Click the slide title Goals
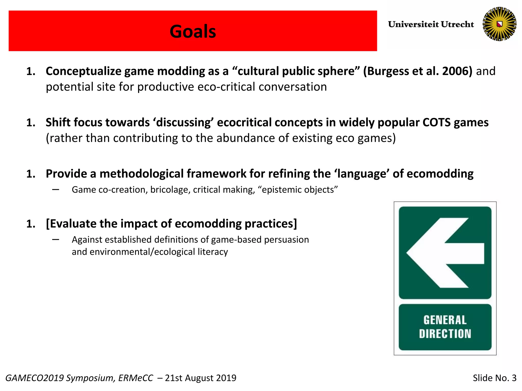(193, 32)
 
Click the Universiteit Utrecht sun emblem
(499, 24)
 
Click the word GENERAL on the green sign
(445, 320)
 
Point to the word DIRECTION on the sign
(445, 334)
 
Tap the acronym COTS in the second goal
(436, 122)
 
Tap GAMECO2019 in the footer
(34, 378)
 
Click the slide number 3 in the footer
(514, 378)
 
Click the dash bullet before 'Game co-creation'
(56, 190)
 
